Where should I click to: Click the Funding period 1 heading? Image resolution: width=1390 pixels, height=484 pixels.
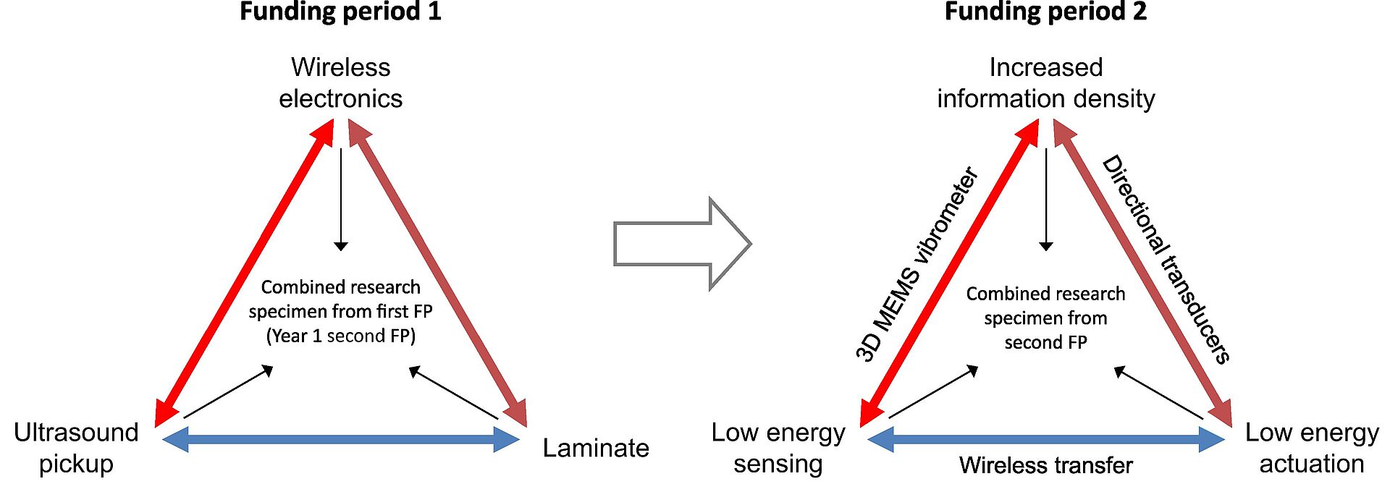(340, 12)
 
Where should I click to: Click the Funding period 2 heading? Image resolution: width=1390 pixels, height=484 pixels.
(1045, 12)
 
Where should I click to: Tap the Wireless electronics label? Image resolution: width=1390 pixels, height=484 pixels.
(340, 82)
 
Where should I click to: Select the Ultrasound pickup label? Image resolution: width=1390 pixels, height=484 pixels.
(76, 448)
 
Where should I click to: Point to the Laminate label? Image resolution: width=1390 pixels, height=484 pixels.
(596, 448)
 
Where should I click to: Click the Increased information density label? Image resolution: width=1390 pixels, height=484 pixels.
(1045, 82)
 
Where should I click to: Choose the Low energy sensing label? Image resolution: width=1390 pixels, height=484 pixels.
(778, 448)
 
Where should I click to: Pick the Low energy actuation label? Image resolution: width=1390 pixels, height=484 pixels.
(1312, 448)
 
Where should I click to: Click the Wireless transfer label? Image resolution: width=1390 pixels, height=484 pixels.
(1045, 465)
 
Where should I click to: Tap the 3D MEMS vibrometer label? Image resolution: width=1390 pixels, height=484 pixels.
(917, 264)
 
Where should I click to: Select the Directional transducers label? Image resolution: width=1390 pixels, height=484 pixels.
(1166, 258)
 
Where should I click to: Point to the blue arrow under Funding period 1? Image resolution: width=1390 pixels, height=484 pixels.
(340, 439)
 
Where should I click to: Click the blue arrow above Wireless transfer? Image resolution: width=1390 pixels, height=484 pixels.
(1045, 439)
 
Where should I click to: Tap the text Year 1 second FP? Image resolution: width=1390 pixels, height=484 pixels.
(340, 336)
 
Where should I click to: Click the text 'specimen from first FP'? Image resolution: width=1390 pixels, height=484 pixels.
(340, 312)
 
